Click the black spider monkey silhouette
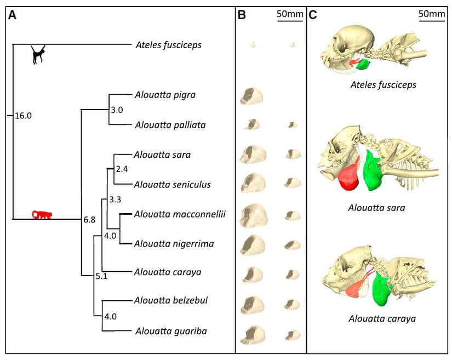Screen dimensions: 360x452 coord(38,54)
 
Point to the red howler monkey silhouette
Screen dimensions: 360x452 coord(42,214)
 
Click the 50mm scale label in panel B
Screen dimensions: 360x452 coord(290,14)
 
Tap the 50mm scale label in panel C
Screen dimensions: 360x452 coord(432,14)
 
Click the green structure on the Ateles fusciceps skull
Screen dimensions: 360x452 coord(364,65)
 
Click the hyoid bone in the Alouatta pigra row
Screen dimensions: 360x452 coord(251,96)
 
